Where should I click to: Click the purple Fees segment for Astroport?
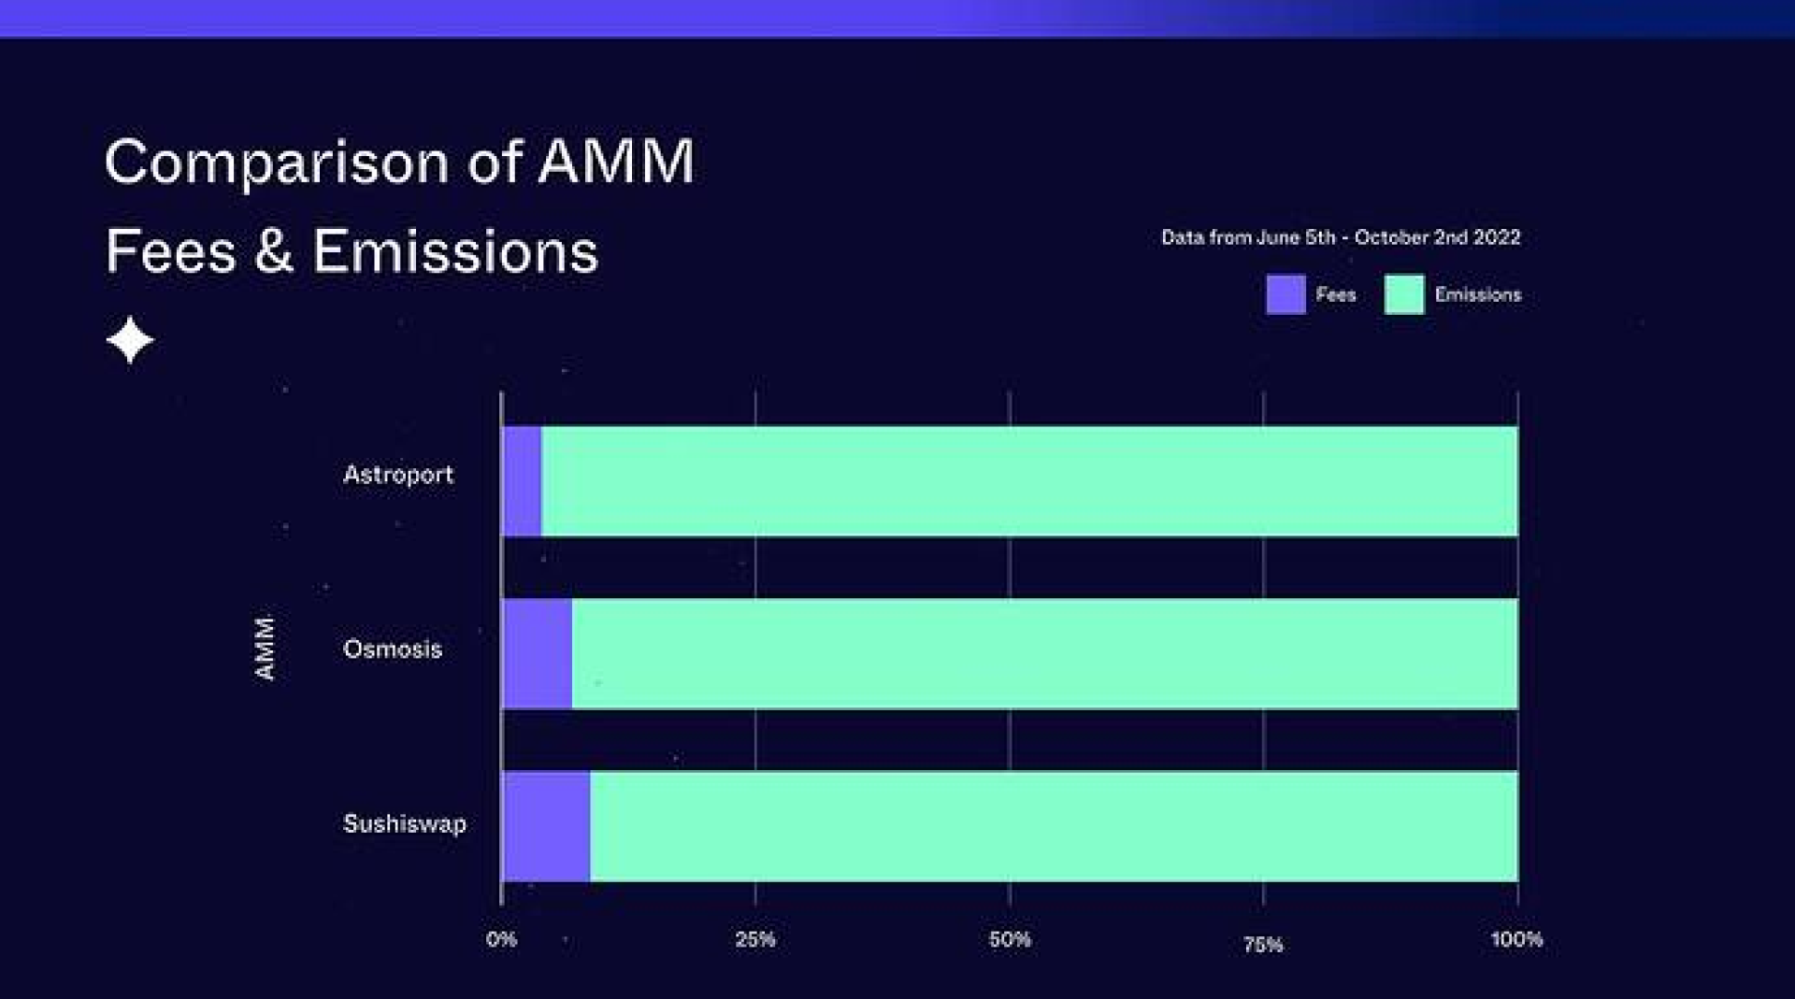click(x=523, y=481)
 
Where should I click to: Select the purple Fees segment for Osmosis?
click(x=538, y=653)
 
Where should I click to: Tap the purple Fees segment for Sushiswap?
click(x=547, y=826)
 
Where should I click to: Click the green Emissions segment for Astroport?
click(x=1028, y=481)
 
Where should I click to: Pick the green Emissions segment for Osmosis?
click(x=1044, y=653)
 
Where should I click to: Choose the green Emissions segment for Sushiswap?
click(x=1054, y=826)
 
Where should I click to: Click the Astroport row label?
click(x=397, y=475)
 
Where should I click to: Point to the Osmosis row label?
click(x=393, y=649)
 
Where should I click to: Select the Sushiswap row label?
click(x=405, y=823)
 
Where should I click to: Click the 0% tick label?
click(x=501, y=939)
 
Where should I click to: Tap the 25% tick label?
click(x=755, y=939)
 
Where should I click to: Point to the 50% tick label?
click(x=1010, y=939)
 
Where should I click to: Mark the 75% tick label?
click(x=1263, y=945)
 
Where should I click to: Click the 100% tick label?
click(x=1516, y=939)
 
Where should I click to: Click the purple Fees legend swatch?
click(x=1285, y=294)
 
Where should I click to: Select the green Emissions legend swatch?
click(x=1403, y=294)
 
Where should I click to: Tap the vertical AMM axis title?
click(x=266, y=648)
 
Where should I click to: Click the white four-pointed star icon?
click(x=130, y=339)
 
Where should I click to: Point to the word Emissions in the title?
click(x=455, y=251)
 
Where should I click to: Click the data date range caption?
click(x=1341, y=237)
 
